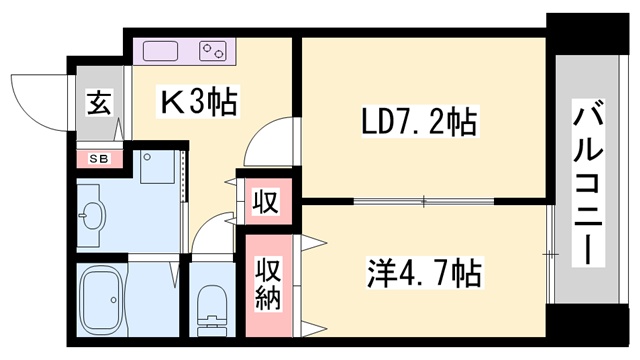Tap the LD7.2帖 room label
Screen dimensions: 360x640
click(x=419, y=123)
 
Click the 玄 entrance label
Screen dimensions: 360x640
click(x=99, y=103)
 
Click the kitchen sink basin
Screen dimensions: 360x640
click(x=161, y=50)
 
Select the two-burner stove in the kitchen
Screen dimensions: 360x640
click(x=213, y=50)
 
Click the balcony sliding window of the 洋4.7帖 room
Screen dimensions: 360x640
click(x=550, y=255)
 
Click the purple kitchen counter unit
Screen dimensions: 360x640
click(x=184, y=50)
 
